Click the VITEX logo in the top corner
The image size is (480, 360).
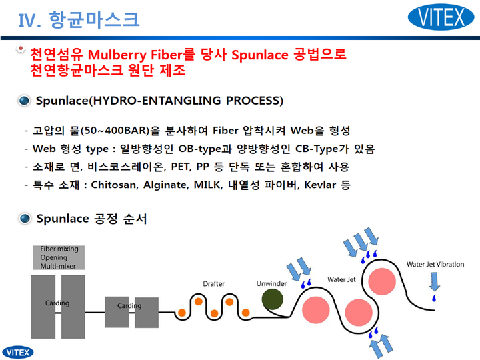coord(441,17)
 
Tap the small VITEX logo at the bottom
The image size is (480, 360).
coord(18,353)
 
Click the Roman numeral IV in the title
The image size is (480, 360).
coord(26,21)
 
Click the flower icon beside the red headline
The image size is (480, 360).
coord(21,49)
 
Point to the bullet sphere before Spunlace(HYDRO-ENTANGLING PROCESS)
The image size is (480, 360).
coord(24,101)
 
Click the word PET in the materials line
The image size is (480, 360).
coord(181,167)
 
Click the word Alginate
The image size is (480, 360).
coord(165,185)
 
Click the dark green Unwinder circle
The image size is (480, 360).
coord(273,299)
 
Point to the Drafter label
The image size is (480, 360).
coord(214,284)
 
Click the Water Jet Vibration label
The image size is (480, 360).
coord(435,264)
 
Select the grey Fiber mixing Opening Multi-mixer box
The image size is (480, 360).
coord(59,257)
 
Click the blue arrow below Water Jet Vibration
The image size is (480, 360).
coord(435,281)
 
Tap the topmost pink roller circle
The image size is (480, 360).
coord(382,281)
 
